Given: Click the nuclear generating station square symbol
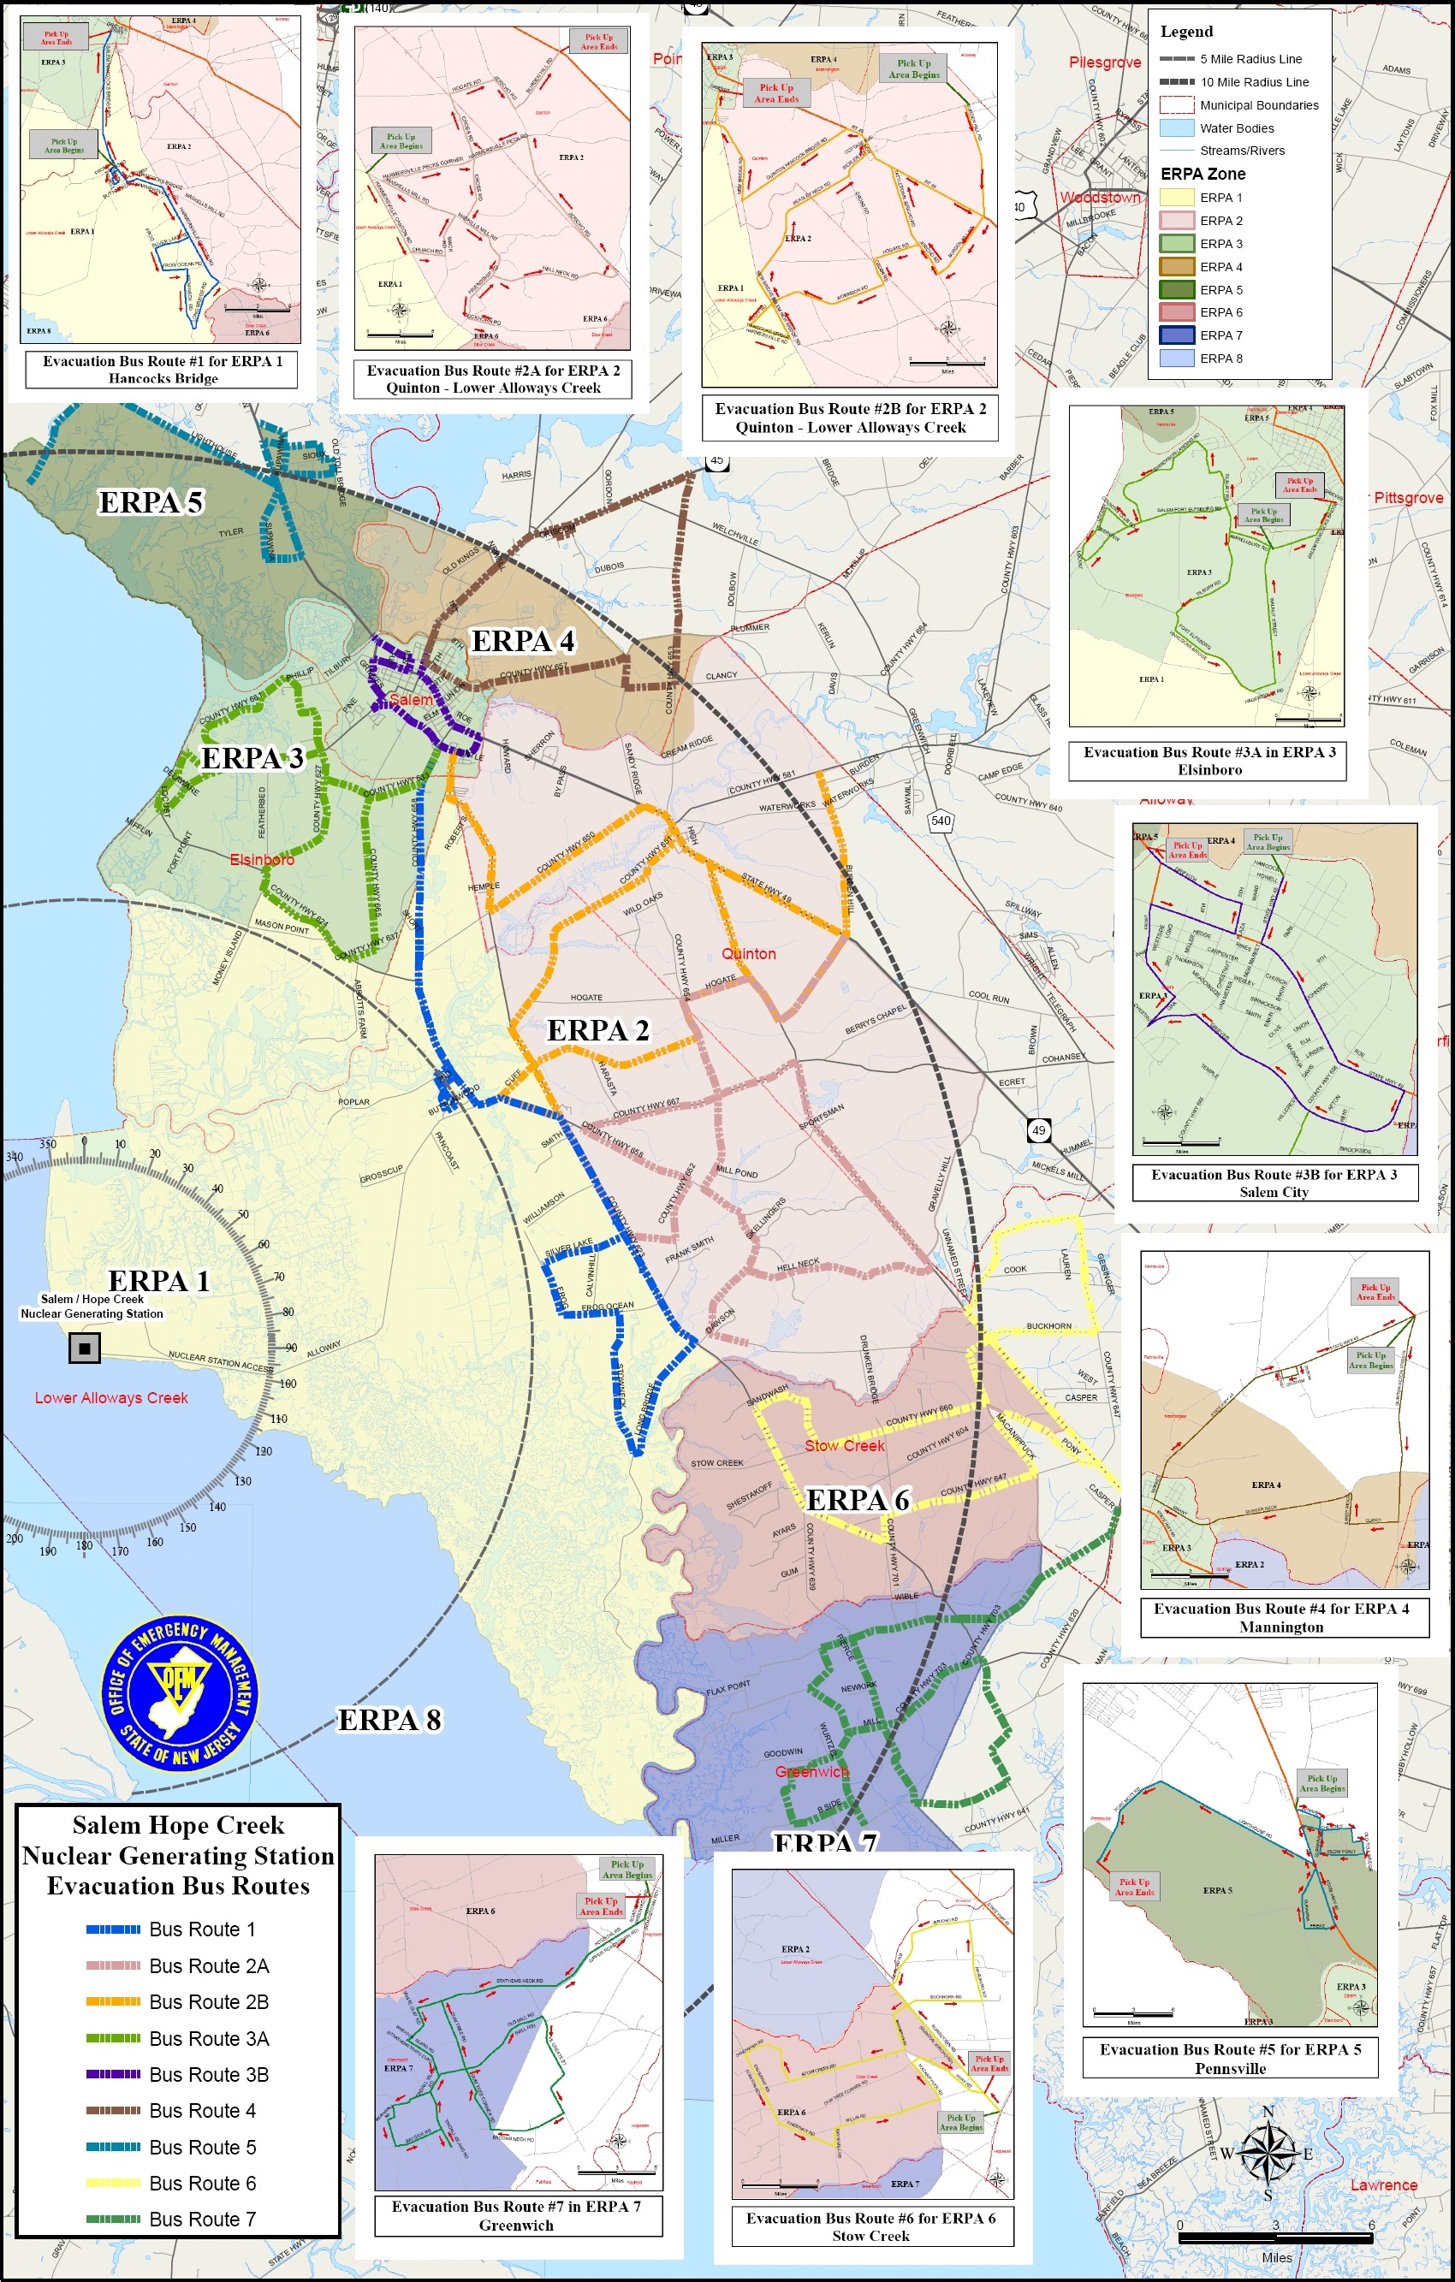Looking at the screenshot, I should (x=85, y=1347).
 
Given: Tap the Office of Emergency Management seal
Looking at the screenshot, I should (x=179, y=1692).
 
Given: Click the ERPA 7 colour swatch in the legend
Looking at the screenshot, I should (x=1176, y=335).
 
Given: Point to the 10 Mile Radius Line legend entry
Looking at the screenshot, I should (x=1176, y=82).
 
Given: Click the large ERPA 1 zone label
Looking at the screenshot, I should (x=158, y=1281).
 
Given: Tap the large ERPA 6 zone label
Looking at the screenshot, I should (x=857, y=1499).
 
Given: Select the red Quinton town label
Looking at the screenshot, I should (x=748, y=953).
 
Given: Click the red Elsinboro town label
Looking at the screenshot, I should (x=262, y=860).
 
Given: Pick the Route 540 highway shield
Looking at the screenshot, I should (x=941, y=821).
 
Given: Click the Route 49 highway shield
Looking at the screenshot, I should (x=1039, y=1129).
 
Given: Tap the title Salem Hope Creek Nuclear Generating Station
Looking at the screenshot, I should (x=178, y=1856).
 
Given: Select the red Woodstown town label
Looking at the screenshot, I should (x=1100, y=198).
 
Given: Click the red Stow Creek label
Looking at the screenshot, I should (x=844, y=1446).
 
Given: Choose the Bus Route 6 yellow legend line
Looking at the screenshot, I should (x=113, y=2184).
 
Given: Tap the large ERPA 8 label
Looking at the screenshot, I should (x=389, y=1720).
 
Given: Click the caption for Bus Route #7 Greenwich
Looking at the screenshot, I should (x=517, y=2215).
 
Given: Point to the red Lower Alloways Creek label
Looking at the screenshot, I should (x=111, y=1398).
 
